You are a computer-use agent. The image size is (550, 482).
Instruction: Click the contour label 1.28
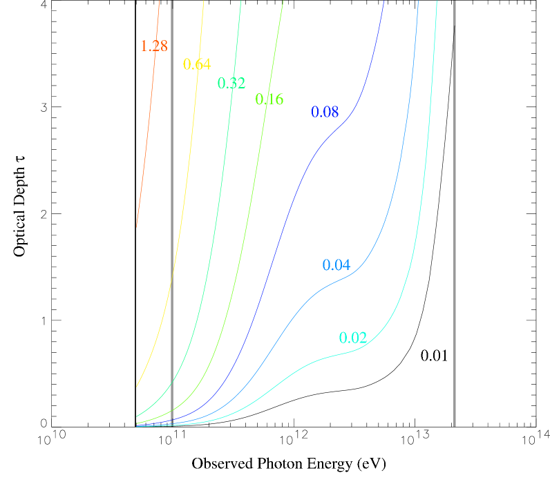(x=153, y=46)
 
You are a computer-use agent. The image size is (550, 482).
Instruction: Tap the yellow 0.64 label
(x=197, y=64)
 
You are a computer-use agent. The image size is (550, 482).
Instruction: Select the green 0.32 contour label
(x=231, y=83)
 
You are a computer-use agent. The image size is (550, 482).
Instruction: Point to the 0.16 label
(x=269, y=99)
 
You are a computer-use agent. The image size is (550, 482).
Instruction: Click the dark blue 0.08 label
(x=325, y=112)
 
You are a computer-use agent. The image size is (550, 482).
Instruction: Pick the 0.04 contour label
(x=336, y=265)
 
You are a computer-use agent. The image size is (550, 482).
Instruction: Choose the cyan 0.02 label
(x=353, y=338)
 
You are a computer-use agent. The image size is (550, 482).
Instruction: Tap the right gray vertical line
(x=455, y=207)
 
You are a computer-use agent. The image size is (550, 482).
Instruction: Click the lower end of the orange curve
(x=137, y=226)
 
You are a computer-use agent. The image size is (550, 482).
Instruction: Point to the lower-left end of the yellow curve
(x=137, y=387)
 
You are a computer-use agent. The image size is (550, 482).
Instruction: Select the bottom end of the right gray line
(x=455, y=425)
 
